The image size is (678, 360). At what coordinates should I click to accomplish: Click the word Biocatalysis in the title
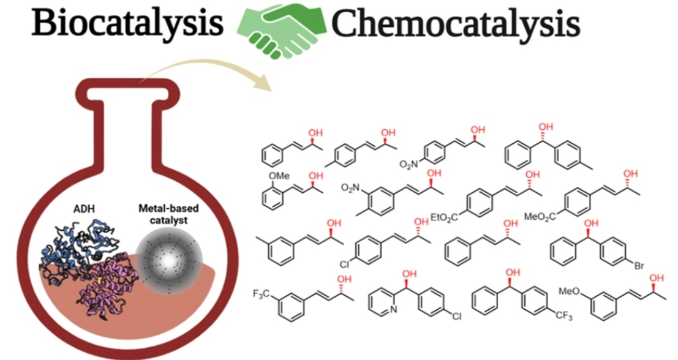(127, 23)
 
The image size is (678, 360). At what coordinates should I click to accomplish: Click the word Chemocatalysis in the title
(456, 23)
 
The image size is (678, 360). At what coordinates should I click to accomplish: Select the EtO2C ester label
(444, 216)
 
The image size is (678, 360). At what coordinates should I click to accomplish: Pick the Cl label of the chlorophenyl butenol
(345, 265)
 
